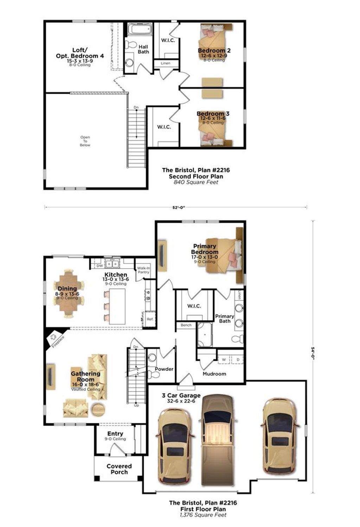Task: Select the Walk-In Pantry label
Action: [143, 270]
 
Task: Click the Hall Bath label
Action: [143, 49]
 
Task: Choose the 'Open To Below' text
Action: [85, 141]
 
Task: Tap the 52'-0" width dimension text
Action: [179, 207]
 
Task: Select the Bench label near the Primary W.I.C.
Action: [186, 325]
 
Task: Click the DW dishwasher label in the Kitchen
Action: [99, 266]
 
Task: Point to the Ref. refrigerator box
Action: [150, 319]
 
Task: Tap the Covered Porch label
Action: [119, 469]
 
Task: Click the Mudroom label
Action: [214, 374]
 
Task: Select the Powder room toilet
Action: [154, 375]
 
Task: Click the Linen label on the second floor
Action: [166, 63]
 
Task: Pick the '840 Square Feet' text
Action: [196, 182]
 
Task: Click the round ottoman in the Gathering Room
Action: [98, 409]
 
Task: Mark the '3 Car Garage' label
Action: [181, 395]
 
